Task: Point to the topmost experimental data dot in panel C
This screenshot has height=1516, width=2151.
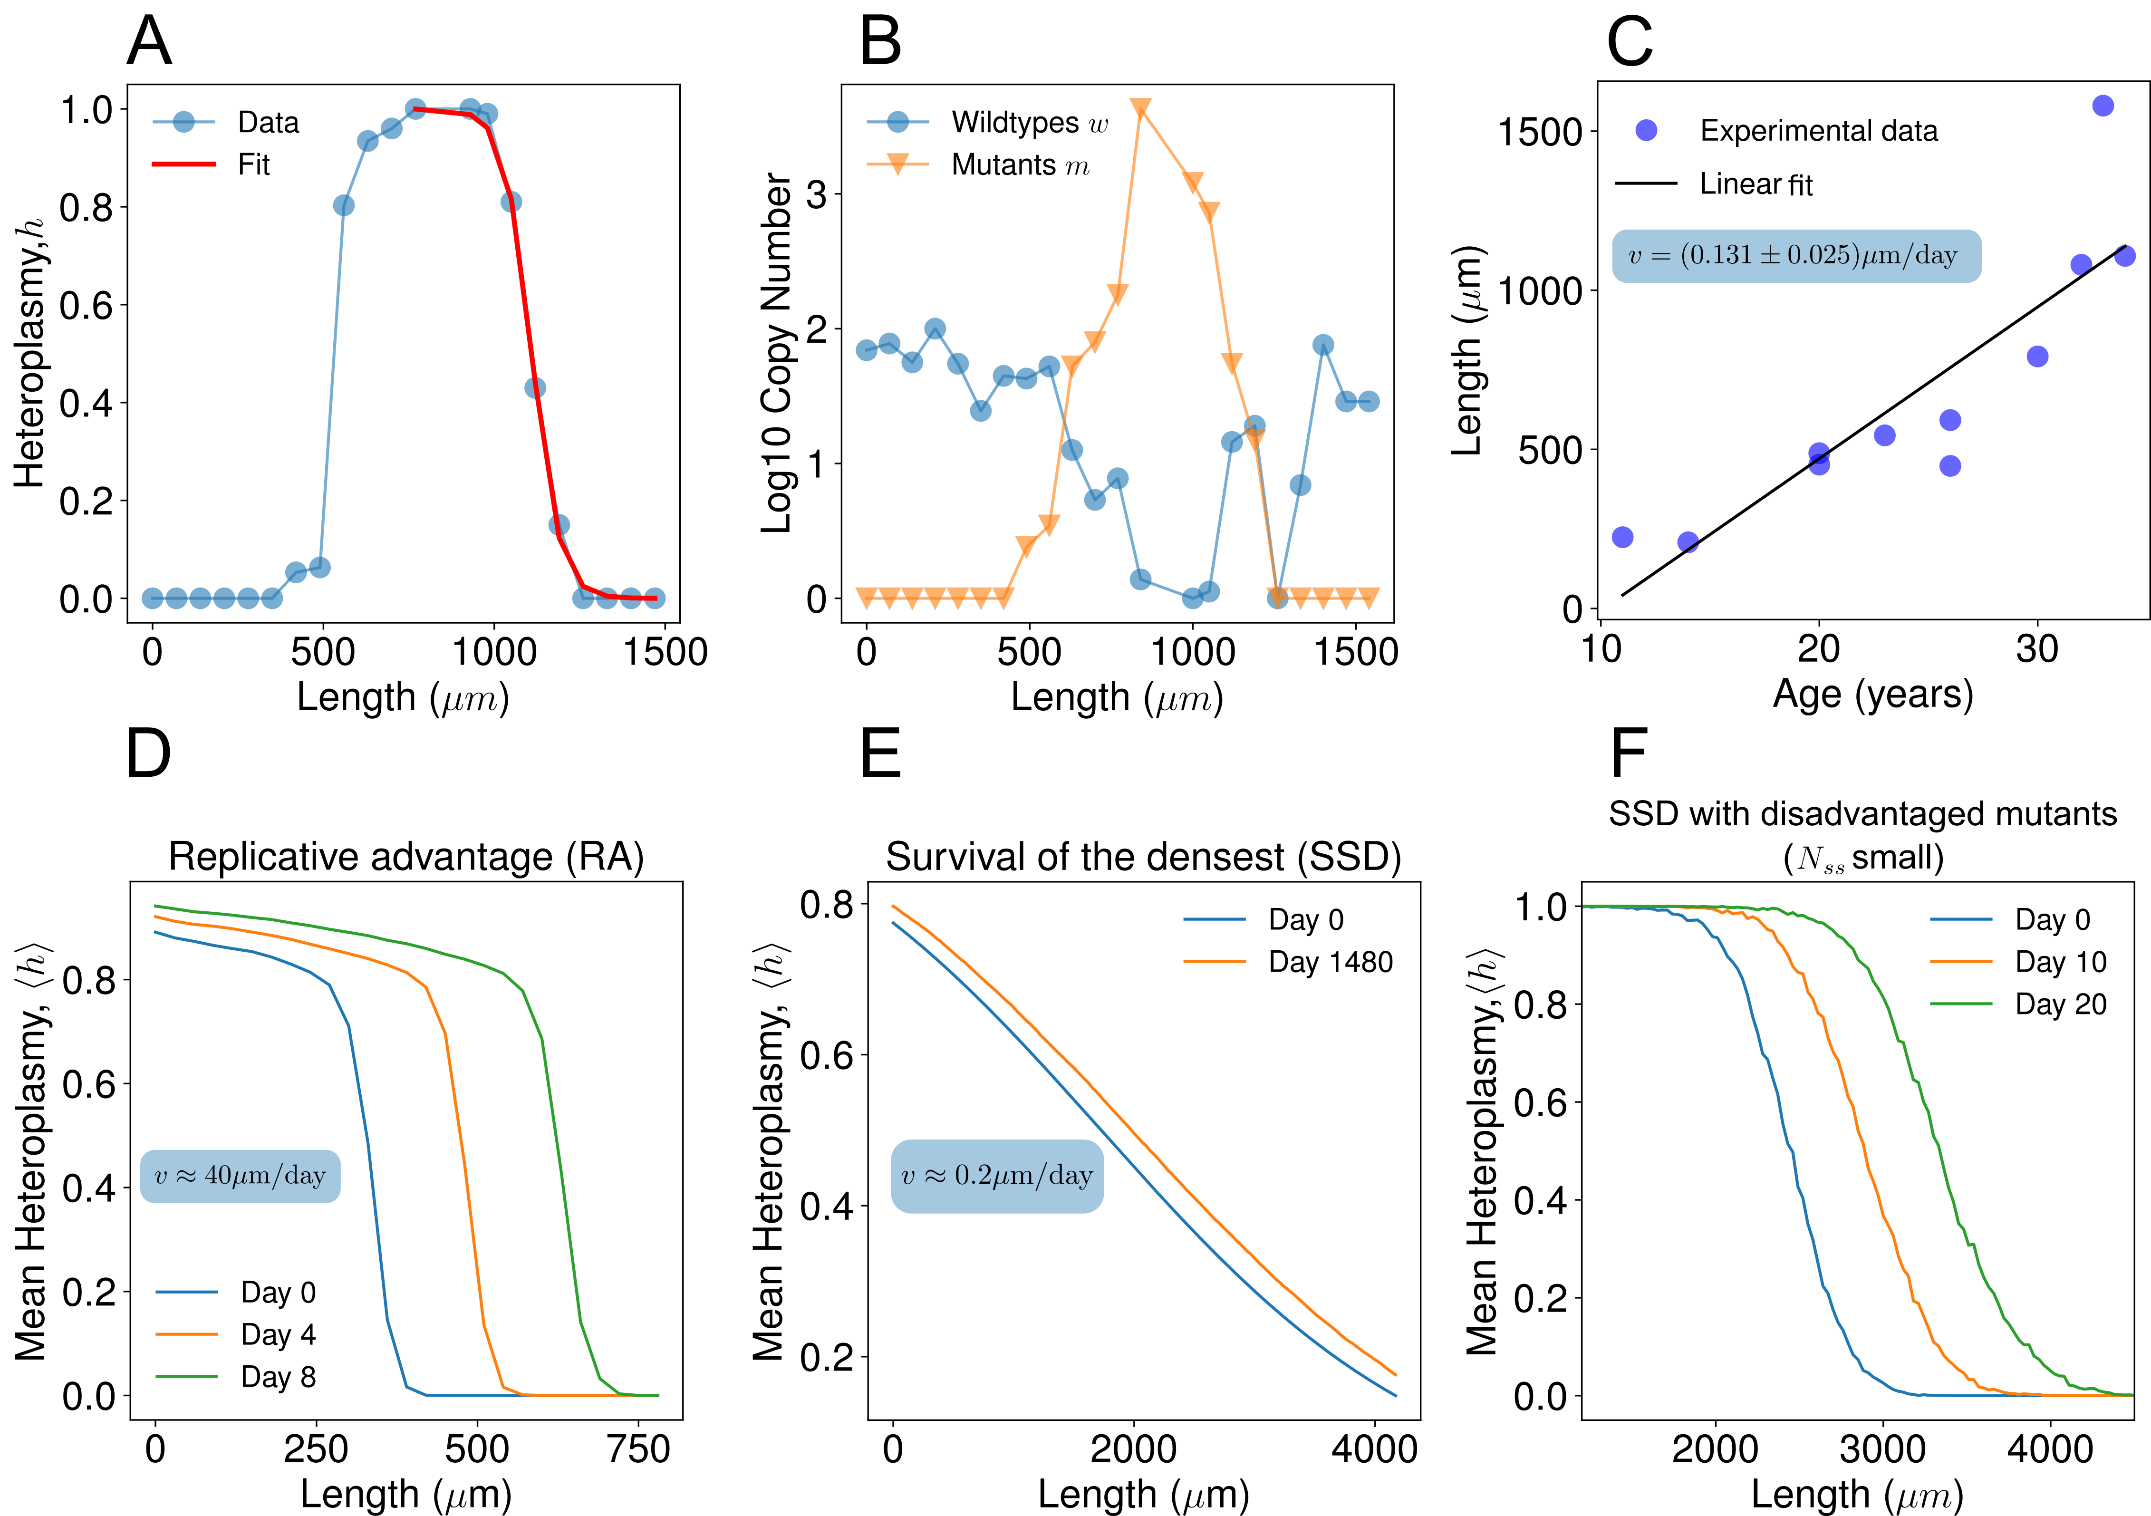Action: pos(2103,106)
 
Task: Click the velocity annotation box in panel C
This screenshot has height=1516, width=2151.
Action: pos(1796,256)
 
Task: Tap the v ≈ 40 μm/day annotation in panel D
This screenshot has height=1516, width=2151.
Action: pos(240,1176)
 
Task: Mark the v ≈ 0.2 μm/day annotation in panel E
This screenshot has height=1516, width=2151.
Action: pos(997,1176)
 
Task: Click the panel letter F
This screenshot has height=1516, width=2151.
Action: pos(1628,754)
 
